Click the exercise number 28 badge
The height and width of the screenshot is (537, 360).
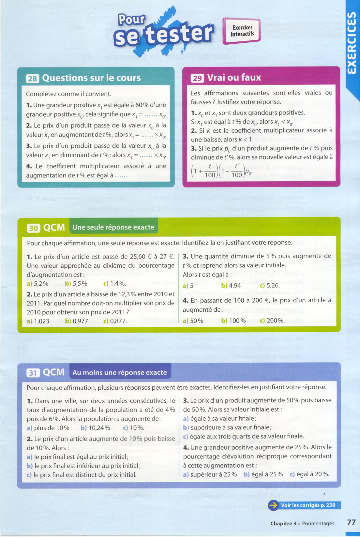pos(32,79)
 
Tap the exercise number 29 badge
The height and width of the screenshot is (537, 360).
pos(197,78)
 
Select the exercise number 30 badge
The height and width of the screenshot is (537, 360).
pos(33,228)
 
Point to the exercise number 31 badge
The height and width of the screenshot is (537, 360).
pos(33,373)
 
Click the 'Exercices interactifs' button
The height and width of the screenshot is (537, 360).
pos(242,31)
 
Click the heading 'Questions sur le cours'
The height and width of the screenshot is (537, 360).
pos(91,78)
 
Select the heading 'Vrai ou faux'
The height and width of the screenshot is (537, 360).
pos(234,78)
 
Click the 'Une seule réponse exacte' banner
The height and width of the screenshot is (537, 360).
pos(113,227)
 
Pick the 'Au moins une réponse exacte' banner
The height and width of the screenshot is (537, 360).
pos(119,372)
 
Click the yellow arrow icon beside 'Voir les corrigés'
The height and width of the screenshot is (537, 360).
pos(273,505)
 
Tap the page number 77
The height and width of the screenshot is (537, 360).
pos(351,522)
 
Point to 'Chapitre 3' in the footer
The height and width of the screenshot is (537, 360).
pos(283,524)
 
